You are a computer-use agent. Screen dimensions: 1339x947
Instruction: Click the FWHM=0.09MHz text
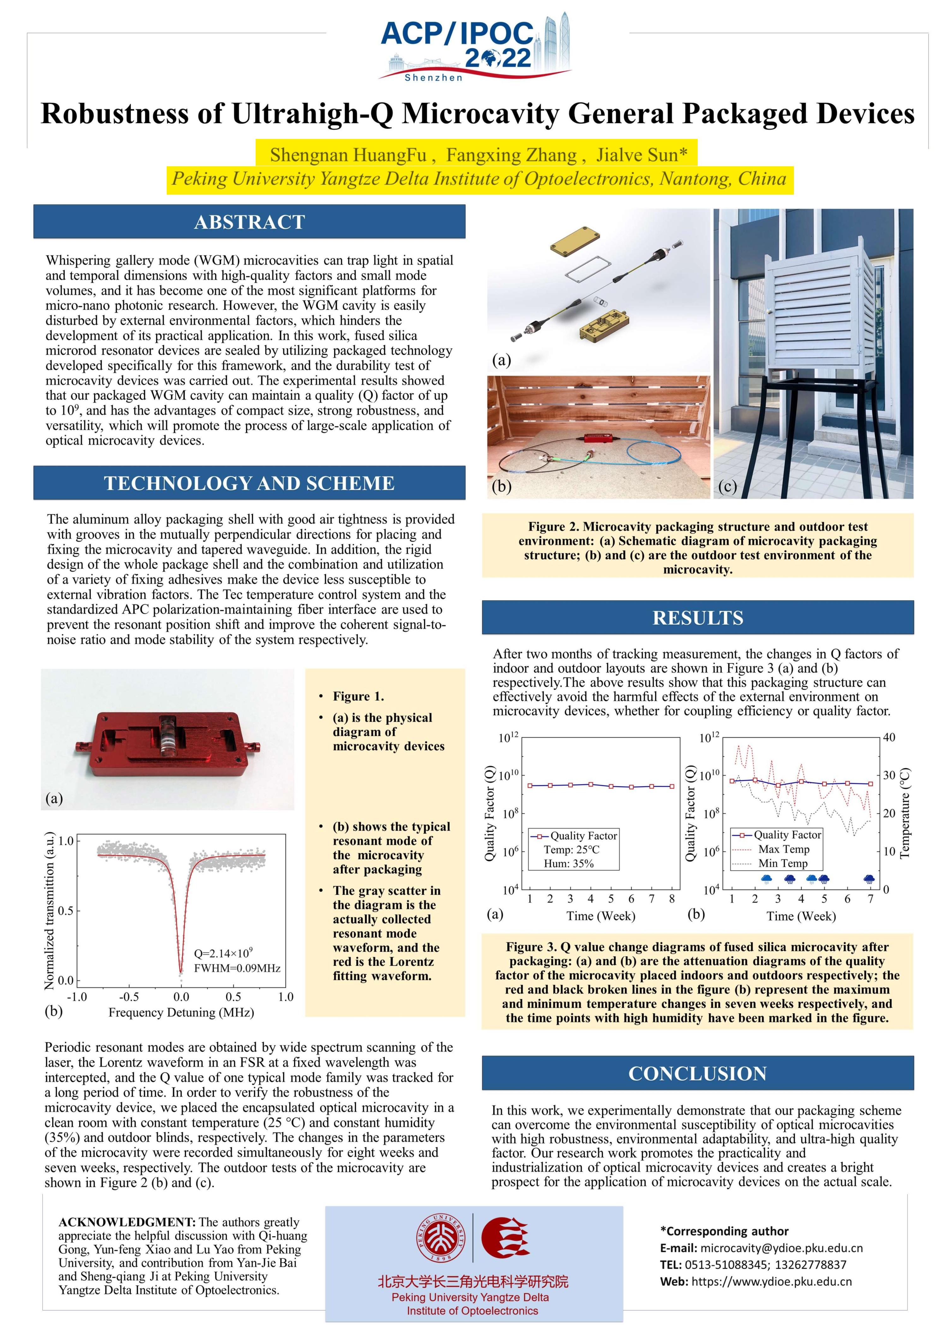click(237, 968)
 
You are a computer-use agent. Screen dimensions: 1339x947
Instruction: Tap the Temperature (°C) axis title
click(904, 813)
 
